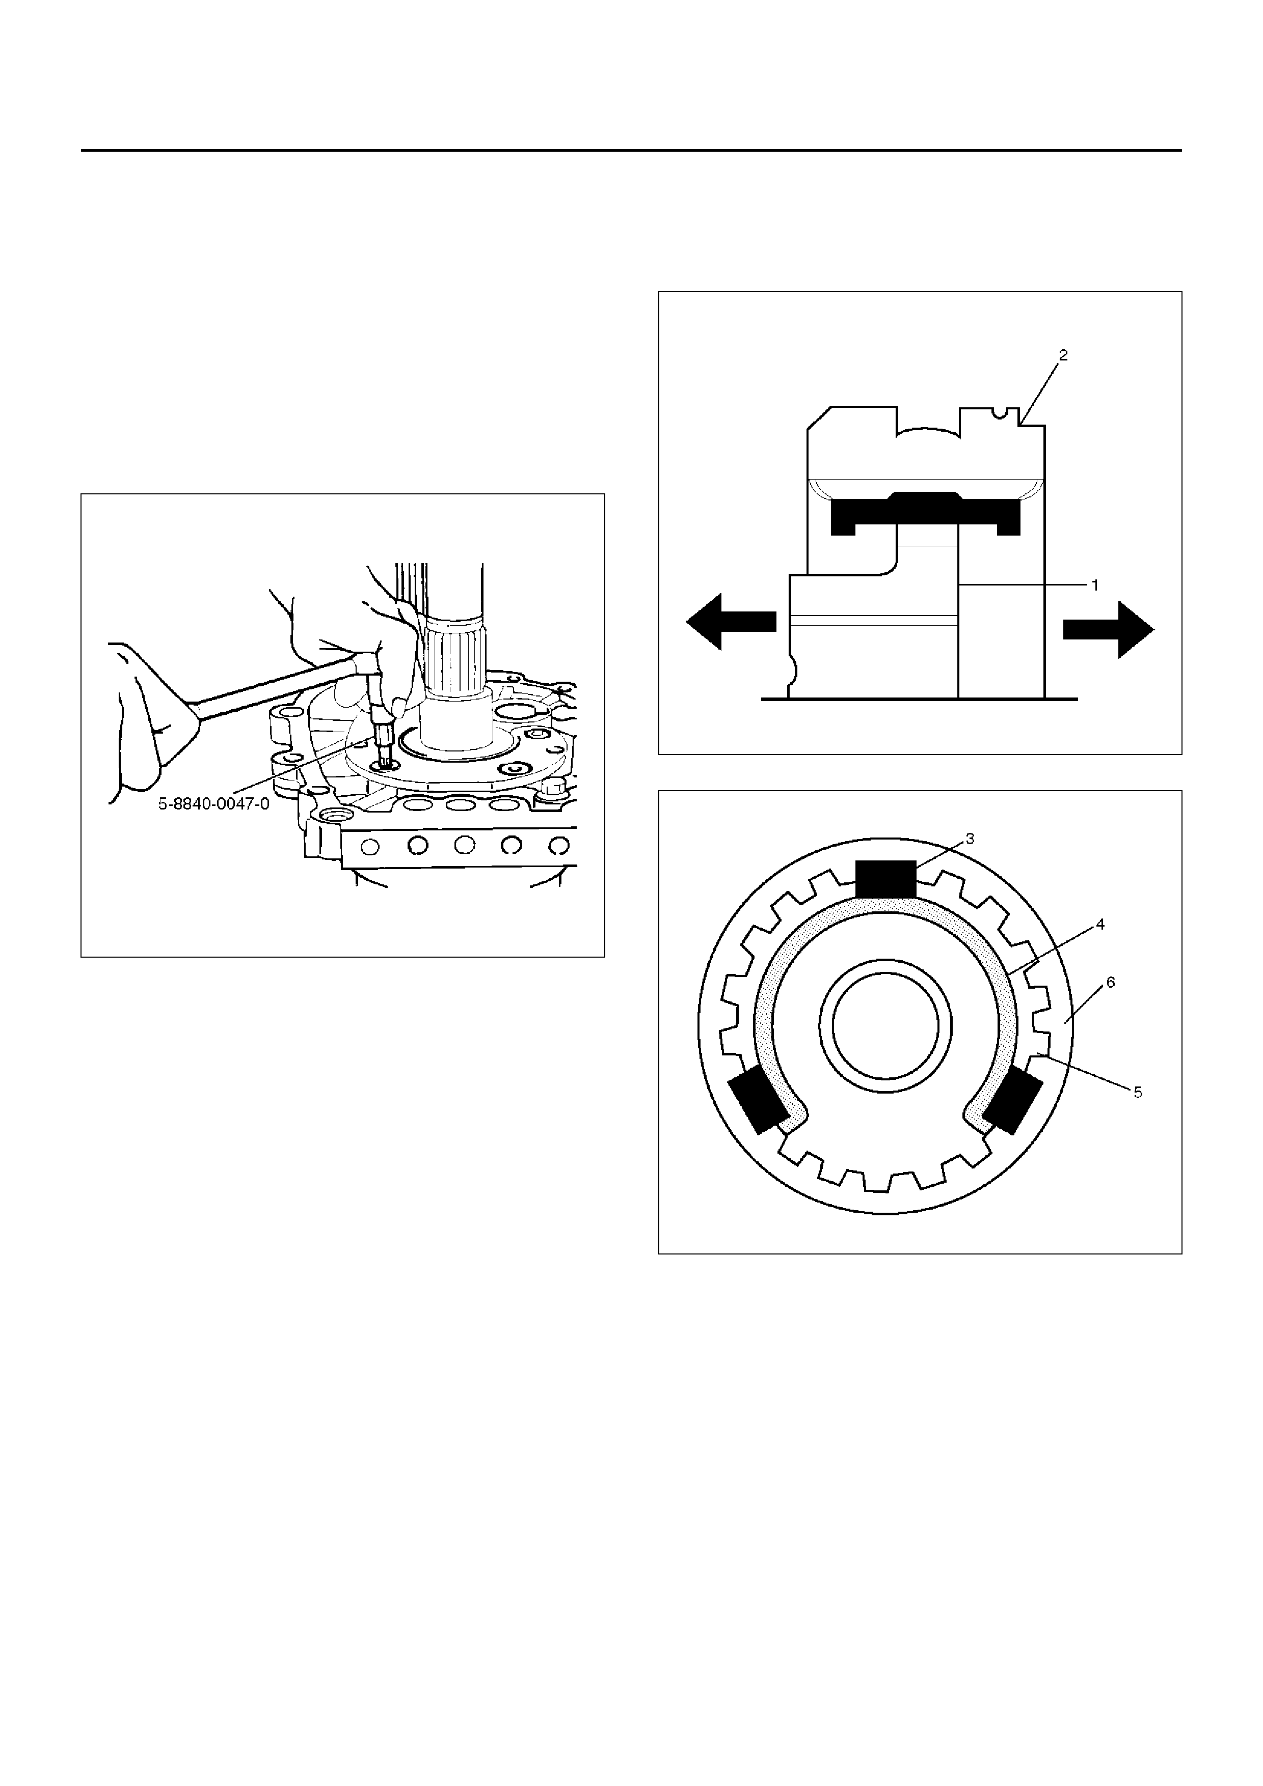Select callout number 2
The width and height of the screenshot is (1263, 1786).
point(1063,355)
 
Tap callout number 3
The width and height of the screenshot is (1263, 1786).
point(970,839)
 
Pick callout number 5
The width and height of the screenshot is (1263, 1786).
point(1138,1092)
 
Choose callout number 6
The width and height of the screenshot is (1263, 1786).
point(1111,983)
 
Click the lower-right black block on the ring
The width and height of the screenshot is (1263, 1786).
point(1012,1101)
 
